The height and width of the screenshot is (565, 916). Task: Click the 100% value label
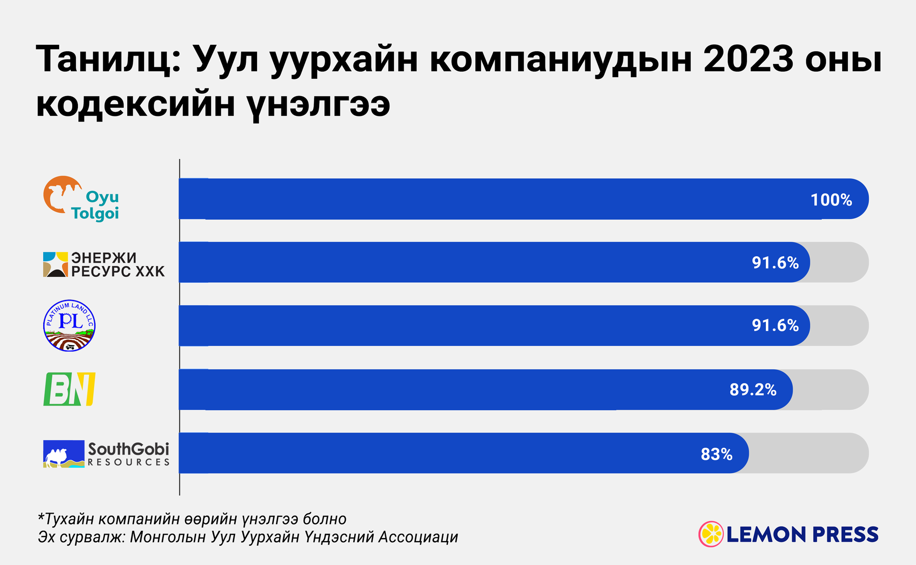click(831, 200)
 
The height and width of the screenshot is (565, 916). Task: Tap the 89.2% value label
click(753, 390)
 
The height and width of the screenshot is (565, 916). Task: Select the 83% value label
click(716, 454)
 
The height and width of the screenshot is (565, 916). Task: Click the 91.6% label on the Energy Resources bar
click(775, 263)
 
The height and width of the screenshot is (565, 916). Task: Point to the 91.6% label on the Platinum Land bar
click(775, 325)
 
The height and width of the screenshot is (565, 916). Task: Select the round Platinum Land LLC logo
click(69, 325)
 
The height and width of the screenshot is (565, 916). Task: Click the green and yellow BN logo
click(69, 390)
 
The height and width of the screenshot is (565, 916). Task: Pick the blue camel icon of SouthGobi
click(63, 454)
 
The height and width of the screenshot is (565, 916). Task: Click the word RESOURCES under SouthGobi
click(128, 462)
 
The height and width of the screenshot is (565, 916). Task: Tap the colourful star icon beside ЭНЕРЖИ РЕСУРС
click(55, 264)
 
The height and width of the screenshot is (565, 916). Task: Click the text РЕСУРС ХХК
click(118, 272)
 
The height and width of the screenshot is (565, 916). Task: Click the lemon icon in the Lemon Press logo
click(710, 534)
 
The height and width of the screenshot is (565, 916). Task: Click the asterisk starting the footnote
click(41, 517)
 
